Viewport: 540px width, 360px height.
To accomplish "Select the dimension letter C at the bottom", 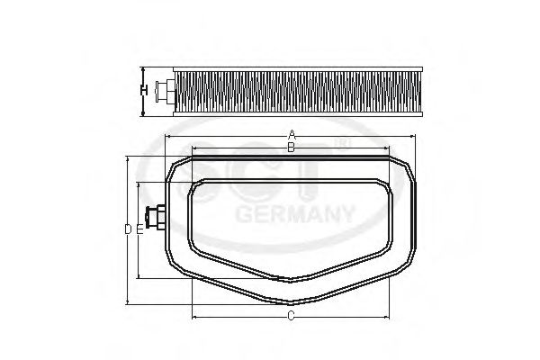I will point(290,316).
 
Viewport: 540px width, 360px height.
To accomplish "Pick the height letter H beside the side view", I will point(144,90).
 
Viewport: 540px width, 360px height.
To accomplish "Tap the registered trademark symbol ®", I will point(340,143).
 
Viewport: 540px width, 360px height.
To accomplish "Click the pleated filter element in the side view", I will point(288,89).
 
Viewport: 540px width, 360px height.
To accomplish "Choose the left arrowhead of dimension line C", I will point(193,318).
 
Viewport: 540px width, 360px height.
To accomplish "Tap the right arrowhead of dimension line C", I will point(387,318).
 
